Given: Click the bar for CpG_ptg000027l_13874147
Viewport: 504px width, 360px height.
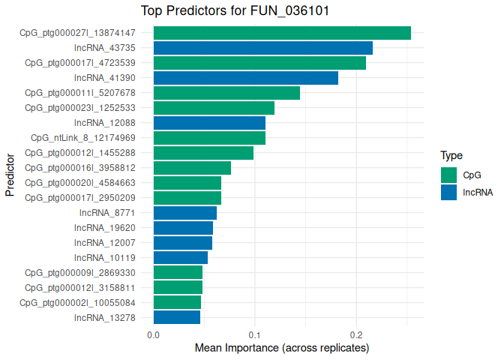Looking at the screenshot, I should [x=282, y=33].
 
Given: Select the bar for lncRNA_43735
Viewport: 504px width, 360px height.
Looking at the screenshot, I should [x=262, y=48].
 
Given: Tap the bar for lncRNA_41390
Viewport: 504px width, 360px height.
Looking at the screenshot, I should [x=245, y=78].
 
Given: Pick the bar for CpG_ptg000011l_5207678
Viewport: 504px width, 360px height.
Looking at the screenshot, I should [x=226, y=93].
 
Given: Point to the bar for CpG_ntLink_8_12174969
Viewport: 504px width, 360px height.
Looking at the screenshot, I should [x=209, y=138].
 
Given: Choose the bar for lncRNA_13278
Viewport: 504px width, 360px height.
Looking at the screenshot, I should [x=176, y=317].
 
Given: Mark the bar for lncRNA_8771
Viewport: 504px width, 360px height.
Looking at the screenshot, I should [x=184, y=213].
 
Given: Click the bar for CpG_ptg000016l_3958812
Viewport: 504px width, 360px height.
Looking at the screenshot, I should [x=192, y=168].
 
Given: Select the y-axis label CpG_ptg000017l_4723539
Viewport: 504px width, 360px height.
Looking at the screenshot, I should [x=80, y=63].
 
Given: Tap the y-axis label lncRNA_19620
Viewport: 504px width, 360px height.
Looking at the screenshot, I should [x=105, y=228].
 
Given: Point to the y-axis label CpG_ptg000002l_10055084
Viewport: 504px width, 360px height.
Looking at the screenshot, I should [x=77, y=302].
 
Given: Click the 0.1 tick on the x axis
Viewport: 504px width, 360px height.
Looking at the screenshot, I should [x=255, y=334].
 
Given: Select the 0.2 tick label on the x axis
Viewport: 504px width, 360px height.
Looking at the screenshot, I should [x=356, y=334].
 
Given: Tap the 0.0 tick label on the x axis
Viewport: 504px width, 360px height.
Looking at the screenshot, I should [x=153, y=334].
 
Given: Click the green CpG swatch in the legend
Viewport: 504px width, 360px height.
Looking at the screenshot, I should [x=448, y=175].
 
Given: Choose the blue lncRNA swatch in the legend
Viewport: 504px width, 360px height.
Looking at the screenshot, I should [x=448, y=192].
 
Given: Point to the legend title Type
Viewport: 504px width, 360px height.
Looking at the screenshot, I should [x=451, y=156].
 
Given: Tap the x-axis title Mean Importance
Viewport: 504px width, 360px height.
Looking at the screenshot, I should [x=282, y=349].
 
